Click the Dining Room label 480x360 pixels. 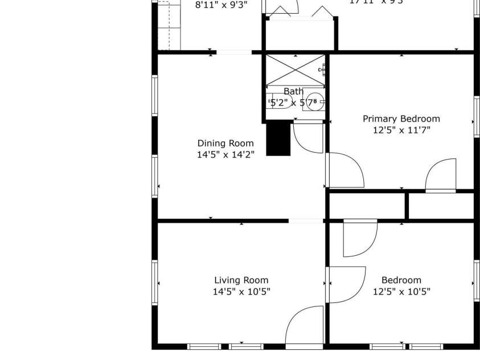click(x=225, y=144)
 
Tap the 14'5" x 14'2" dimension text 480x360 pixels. click(x=225, y=154)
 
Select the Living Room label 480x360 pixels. click(x=241, y=280)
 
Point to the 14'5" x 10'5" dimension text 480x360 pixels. click(x=241, y=292)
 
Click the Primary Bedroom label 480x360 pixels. click(x=401, y=119)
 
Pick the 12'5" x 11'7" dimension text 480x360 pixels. click(x=401, y=130)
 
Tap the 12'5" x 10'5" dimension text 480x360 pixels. click(x=401, y=292)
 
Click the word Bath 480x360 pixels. click(x=294, y=92)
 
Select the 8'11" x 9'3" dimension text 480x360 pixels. click(x=221, y=5)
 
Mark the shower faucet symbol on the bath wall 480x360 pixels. click(x=323, y=69)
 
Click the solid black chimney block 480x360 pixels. click(x=278, y=138)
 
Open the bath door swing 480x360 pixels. click(x=307, y=137)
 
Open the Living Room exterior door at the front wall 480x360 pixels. click(x=304, y=328)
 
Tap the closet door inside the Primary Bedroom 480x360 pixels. click(x=441, y=176)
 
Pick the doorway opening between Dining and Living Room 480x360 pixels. click(x=306, y=220)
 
